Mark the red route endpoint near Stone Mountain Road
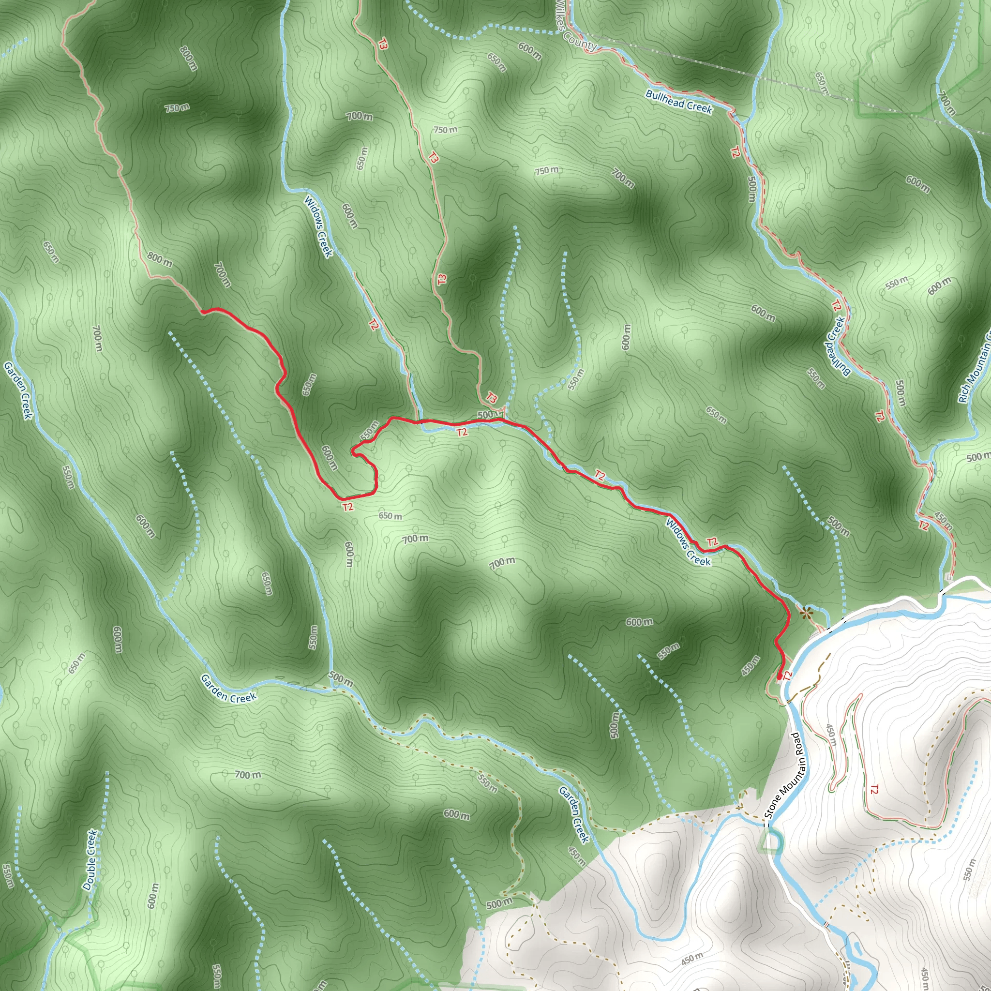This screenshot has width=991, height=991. (779, 678)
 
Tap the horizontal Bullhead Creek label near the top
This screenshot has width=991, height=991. (678, 102)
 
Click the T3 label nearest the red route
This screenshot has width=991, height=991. (492, 398)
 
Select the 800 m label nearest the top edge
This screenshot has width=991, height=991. (188, 58)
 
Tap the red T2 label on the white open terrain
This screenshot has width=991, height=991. (874, 789)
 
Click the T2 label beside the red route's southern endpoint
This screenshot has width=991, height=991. (788, 676)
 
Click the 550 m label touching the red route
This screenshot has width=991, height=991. (369, 430)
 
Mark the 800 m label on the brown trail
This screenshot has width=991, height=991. (160, 259)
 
